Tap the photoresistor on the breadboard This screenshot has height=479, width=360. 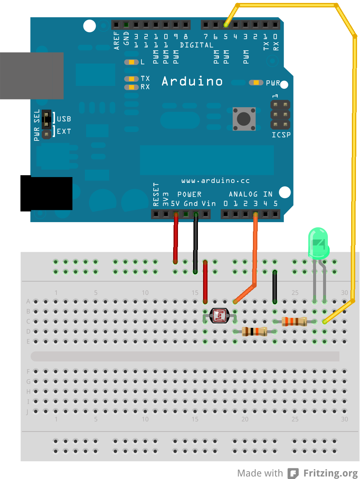click(x=220, y=316)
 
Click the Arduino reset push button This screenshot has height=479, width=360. click(x=244, y=119)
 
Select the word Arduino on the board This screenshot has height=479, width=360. click(x=192, y=81)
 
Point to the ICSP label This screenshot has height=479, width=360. click(x=281, y=135)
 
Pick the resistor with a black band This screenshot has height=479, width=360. click(x=254, y=331)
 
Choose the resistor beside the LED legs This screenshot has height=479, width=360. click(x=294, y=321)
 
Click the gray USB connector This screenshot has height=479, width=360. click(x=31, y=76)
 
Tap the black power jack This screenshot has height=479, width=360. click(x=46, y=194)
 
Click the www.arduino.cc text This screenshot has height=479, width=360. click(x=215, y=181)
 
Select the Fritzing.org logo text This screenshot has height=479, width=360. click(x=330, y=473)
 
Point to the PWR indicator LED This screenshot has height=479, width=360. click(x=256, y=83)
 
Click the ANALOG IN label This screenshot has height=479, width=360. click(x=250, y=194)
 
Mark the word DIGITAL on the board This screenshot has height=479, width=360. click(x=196, y=45)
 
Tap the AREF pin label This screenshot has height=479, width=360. click(x=117, y=41)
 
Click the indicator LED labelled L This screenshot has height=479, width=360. click(x=131, y=62)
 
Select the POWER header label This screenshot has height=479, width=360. click(x=189, y=194)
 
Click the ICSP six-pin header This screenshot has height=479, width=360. click(x=280, y=115)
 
